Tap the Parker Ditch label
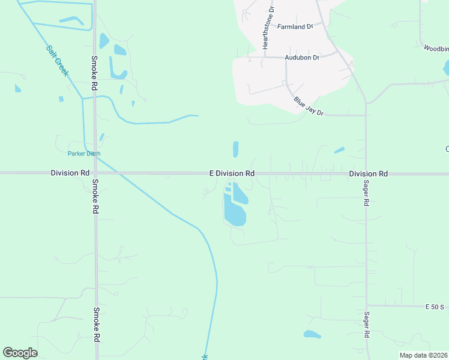click(x=84, y=154)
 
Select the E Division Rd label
click(x=232, y=173)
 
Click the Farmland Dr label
click(x=295, y=26)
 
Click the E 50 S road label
click(x=435, y=307)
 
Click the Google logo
click(x=20, y=353)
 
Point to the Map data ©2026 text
click(x=423, y=355)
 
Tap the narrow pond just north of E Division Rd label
click(x=235, y=149)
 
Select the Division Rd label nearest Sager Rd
click(x=369, y=173)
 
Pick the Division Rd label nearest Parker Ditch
click(x=70, y=173)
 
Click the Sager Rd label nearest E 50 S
click(x=366, y=325)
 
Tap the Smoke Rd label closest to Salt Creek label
click(x=94, y=73)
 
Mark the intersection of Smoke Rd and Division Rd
click(x=95, y=173)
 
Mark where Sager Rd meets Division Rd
click(x=366, y=173)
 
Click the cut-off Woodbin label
click(x=436, y=47)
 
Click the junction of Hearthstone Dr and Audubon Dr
click(x=265, y=57)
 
